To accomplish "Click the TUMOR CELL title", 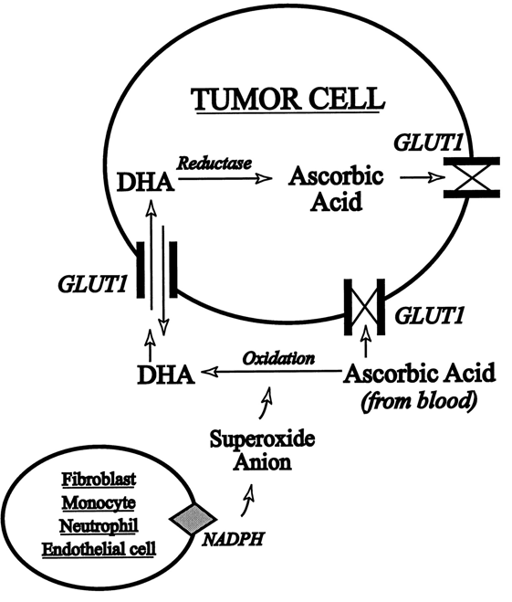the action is tap(288, 100).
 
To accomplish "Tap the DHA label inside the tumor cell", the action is tap(146, 183).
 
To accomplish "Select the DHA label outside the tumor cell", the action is tap(166, 375).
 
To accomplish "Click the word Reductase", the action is tap(214, 164).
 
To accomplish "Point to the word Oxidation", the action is tap(278, 359).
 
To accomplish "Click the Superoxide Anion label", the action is tap(262, 450).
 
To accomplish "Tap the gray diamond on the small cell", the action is tap(193, 518).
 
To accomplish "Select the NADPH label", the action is tap(233, 540).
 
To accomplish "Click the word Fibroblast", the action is tap(99, 480).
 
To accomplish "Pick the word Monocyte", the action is tap(99, 502).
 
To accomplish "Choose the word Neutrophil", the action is tap(99, 525).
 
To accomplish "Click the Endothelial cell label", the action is tap(99, 549).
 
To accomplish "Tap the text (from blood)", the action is tap(419, 401).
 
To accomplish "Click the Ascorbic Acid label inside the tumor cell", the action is tap(336, 189).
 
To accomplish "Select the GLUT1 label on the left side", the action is tap(92, 285).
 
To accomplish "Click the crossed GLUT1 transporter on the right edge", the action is tap(472, 178).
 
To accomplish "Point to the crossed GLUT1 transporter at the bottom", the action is tap(365, 307).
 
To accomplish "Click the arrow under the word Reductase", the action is tap(225, 178).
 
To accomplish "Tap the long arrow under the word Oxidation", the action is tap(271, 371).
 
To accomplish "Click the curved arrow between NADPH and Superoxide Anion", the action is tap(248, 501).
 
